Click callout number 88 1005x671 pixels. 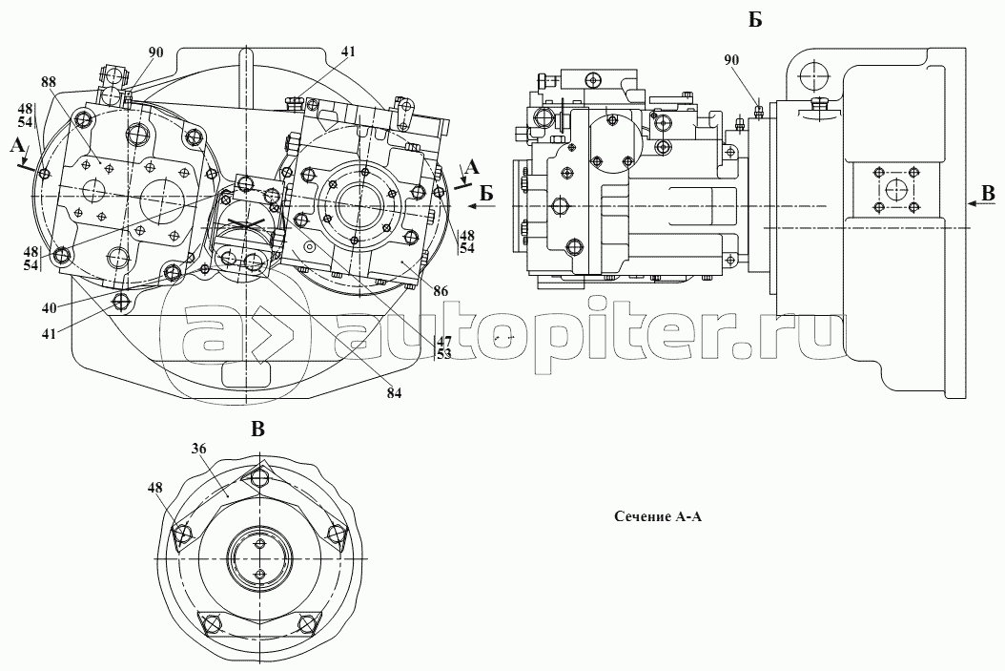pos(49,82)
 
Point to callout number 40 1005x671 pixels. pos(49,308)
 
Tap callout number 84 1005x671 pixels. pos(394,394)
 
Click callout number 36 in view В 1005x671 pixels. pos(198,449)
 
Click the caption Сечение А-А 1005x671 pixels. pos(658,516)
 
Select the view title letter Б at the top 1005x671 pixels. pos(755,21)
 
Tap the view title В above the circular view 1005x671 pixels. pos(257,430)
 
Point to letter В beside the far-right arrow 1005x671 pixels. pos(989,193)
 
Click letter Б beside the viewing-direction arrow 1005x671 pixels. pos(486,193)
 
